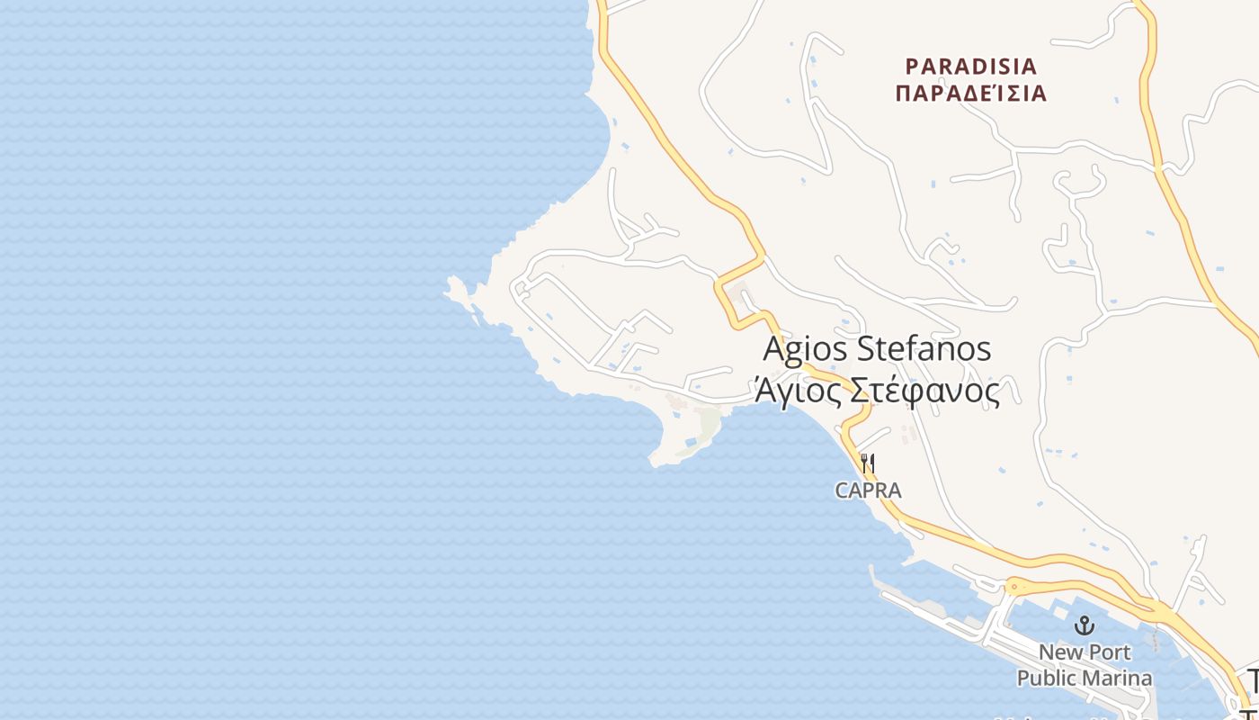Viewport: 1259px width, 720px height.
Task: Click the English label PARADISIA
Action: pyautogui.click(x=971, y=67)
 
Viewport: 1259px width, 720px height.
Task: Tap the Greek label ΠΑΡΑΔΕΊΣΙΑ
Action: pyautogui.click(x=971, y=93)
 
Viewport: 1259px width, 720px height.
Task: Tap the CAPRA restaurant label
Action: pyautogui.click(x=868, y=490)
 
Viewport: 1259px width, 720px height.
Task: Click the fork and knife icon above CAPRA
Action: pyautogui.click(x=868, y=463)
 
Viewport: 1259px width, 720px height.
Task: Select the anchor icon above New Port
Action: pyautogui.click(x=1085, y=625)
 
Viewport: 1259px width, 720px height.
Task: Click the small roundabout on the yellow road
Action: pyautogui.click(x=1014, y=588)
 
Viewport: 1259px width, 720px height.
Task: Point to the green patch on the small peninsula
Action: pyautogui.click(x=709, y=421)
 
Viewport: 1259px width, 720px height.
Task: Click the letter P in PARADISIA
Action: pyautogui.click(x=912, y=67)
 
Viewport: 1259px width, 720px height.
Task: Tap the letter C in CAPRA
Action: pyautogui.click(x=841, y=490)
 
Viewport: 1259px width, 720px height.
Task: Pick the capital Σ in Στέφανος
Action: pyautogui.click(x=858, y=391)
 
